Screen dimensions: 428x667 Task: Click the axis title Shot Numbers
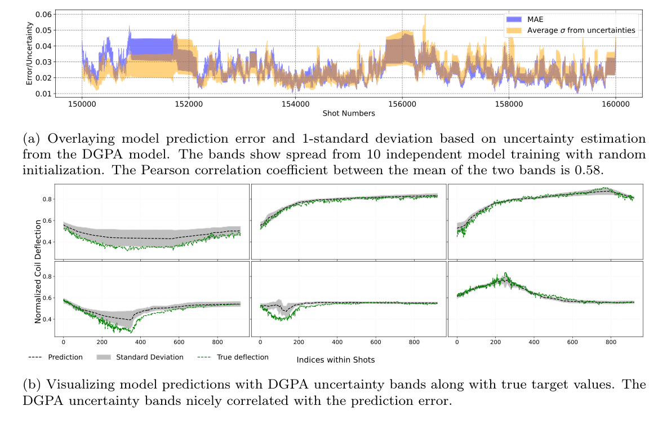coord(349,113)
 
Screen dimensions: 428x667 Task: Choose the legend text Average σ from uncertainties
coord(581,29)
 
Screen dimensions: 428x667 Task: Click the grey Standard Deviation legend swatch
coord(104,357)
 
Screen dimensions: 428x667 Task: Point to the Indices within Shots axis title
coord(336,359)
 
